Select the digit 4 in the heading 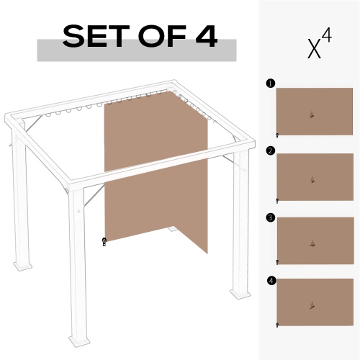click(204, 37)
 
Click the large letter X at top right click(314, 49)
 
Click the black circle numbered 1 click(270, 84)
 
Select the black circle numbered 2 click(270, 150)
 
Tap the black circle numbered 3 click(270, 216)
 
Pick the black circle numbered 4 click(270, 280)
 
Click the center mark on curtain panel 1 click(312, 113)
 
